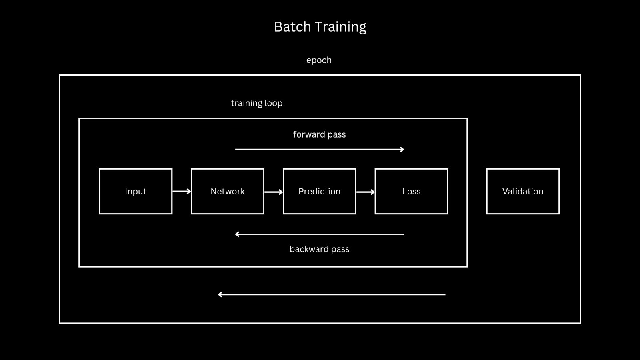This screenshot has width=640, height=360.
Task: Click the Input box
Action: point(136,191)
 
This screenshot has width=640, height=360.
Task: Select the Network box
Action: point(228,191)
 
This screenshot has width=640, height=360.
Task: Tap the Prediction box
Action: point(319,191)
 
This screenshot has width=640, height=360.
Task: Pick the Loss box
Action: point(411,191)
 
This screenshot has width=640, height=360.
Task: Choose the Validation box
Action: point(523,191)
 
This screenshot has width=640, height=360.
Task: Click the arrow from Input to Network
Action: point(182,192)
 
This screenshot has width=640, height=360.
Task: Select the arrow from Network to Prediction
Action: point(274,192)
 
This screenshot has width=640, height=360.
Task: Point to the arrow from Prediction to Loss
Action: point(365,192)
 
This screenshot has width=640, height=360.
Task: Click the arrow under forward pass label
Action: point(319,150)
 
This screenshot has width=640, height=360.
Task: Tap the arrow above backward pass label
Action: point(319,234)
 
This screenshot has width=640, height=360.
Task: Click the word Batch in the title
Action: point(292,27)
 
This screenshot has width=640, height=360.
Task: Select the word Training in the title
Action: point(340,27)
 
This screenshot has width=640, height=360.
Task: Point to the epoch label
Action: point(319,60)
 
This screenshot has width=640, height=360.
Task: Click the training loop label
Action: point(257,103)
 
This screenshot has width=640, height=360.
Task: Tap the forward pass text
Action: point(319,134)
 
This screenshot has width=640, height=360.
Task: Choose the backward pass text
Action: point(319,249)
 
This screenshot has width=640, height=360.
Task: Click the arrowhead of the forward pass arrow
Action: point(402,150)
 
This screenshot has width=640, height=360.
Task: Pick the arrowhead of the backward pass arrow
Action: point(237,234)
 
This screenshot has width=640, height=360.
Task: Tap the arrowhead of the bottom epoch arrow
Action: point(220,294)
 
